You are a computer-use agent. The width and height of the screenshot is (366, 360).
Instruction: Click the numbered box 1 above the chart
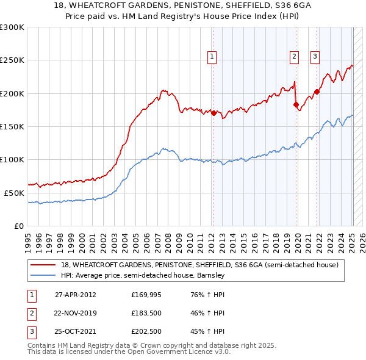point(212,57)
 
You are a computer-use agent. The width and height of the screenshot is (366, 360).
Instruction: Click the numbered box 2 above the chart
point(294,57)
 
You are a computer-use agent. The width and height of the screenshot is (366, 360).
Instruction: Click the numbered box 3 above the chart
point(315,57)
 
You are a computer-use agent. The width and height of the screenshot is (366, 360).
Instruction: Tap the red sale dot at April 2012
point(214,113)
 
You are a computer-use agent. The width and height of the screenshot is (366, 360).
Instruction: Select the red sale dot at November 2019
point(296,104)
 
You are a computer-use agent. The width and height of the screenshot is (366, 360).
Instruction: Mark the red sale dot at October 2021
point(317,92)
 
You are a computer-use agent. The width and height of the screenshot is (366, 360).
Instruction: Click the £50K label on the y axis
point(13,193)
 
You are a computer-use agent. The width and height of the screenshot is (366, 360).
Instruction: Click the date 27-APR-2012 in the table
point(75,295)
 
